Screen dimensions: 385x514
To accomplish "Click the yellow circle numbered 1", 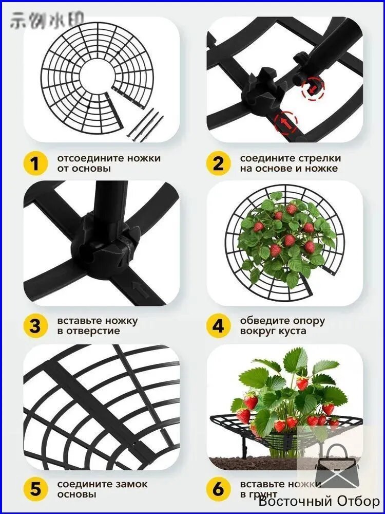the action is coord(35,163).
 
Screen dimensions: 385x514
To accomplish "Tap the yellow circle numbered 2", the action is coord(218,163).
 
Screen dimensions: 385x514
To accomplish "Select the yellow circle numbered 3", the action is coord(35,326).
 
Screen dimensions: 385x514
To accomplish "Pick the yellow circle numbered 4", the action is coord(218,326).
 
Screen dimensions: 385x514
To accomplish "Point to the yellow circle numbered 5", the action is coord(35,489).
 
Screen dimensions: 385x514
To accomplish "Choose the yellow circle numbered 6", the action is coord(218,489).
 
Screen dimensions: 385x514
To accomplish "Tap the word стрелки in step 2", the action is coord(319,158).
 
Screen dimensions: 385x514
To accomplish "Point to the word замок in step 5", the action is coord(130,484).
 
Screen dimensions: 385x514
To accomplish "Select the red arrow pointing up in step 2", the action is coord(285,123).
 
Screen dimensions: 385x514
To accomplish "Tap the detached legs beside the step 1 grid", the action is coord(145,125).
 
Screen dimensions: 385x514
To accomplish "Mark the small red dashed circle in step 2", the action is coord(313,88).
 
